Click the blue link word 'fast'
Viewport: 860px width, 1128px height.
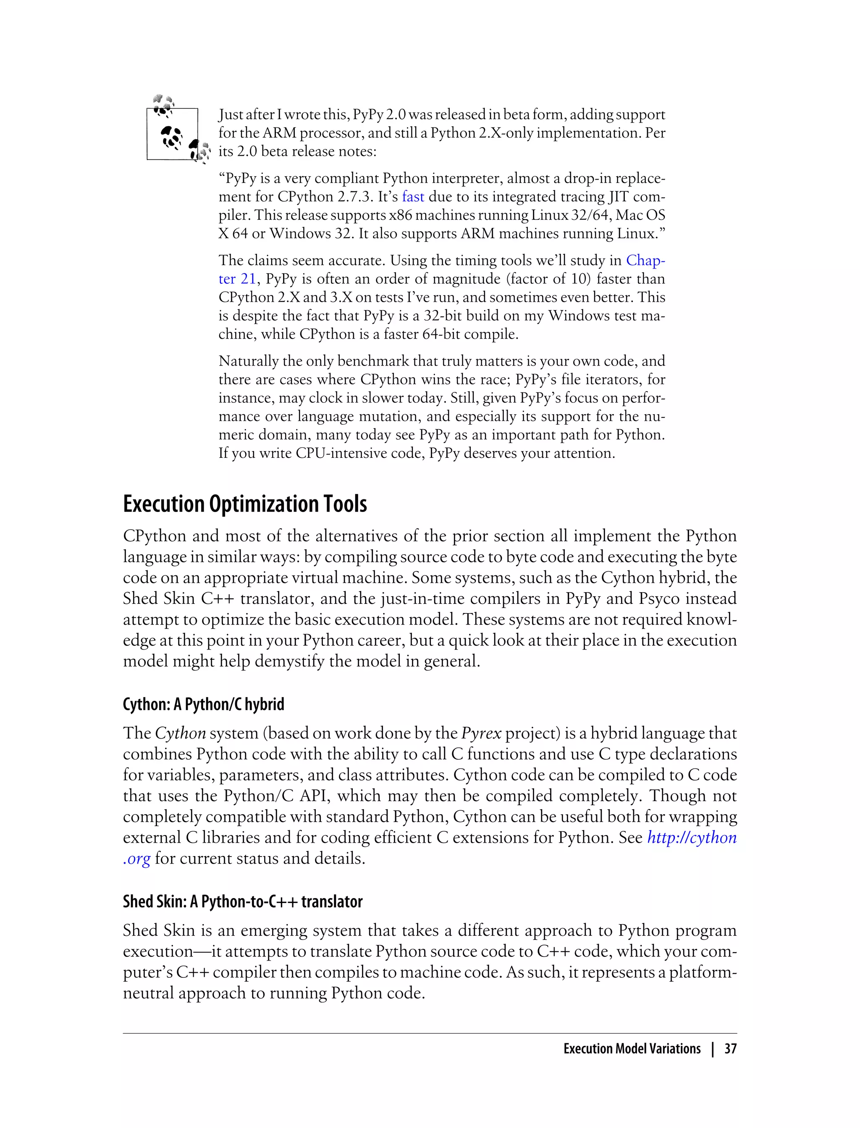pos(413,197)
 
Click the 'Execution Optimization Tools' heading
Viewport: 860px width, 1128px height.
pos(245,504)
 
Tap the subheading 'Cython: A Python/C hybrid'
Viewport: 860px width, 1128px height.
pos(203,705)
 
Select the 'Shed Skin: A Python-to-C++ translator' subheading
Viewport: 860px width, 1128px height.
pos(243,901)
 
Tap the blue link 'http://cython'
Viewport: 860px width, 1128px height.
pos(692,838)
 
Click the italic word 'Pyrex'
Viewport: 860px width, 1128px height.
pos(481,733)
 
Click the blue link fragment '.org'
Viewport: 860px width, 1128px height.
pos(136,859)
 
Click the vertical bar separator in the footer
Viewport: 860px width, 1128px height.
pos(712,1049)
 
